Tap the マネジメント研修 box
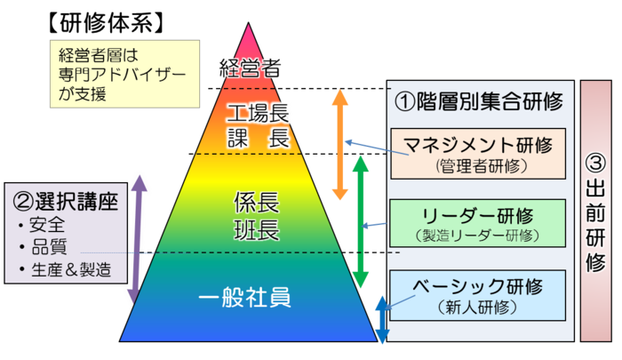coord(477,153)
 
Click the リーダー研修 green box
coord(477,224)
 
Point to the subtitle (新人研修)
coord(477,308)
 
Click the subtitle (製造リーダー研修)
coord(477,236)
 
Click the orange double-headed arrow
coord(340,144)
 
